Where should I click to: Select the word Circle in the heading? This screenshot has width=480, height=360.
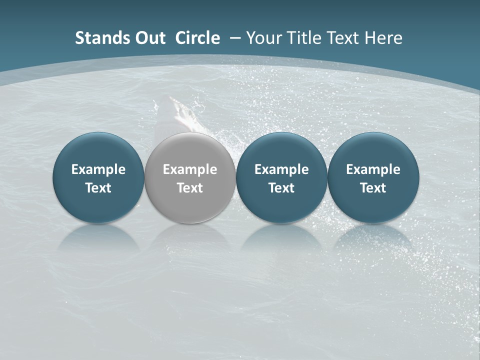click(x=197, y=38)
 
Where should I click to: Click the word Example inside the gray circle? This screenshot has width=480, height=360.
click(x=190, y=169)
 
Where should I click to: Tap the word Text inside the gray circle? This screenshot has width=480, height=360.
click(x=190, y=188)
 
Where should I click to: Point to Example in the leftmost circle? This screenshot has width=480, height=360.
click(x=98, y=169)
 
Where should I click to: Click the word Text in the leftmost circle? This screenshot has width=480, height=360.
click(x=98, y=188)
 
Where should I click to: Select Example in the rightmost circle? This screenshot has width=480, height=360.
click(x=373, y=169)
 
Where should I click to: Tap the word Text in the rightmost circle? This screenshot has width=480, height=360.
click(x=373, y=188)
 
